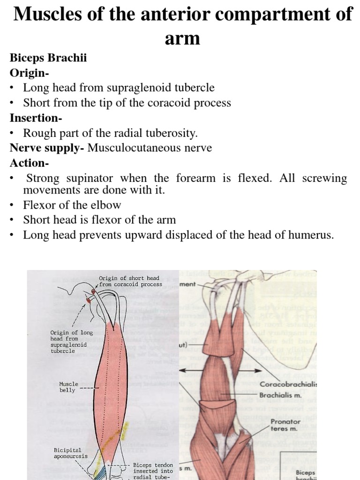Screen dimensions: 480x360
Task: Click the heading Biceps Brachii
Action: [48, 58]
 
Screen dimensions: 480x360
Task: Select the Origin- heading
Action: [30, 73]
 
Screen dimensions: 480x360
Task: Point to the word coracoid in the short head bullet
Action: [165, 103]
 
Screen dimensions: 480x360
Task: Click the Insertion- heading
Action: [36, 118]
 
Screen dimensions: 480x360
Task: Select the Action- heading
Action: [29, 163]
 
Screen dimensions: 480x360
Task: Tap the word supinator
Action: [89, 178]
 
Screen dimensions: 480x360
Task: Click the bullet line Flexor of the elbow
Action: [72, 205]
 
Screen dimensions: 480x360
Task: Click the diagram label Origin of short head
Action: [129, 278]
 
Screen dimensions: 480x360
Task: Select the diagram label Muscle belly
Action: [68, 387]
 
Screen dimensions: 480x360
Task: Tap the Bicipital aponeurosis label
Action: [70, 452]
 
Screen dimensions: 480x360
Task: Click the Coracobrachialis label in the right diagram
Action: [288, 384]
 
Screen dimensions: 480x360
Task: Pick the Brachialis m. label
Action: [281, 395]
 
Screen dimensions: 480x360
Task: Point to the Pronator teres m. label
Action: [285, 425]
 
